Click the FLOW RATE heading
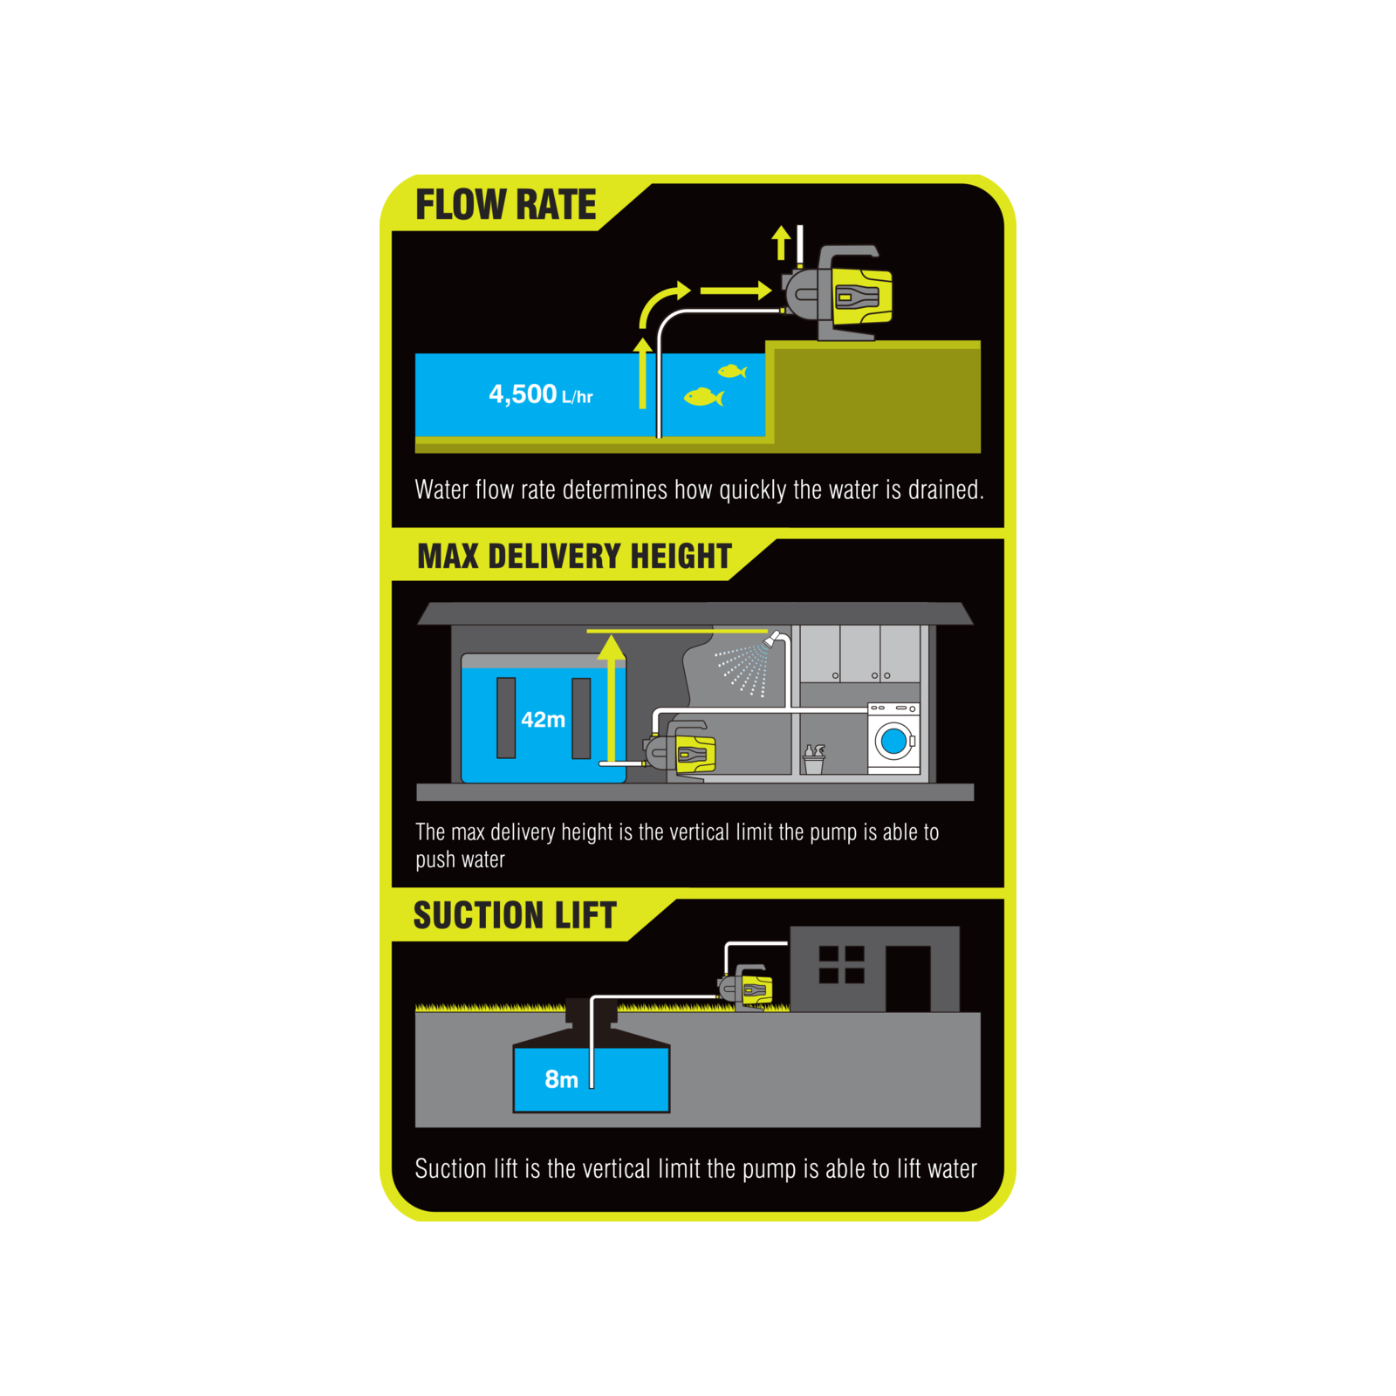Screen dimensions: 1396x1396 (x=505, y=205)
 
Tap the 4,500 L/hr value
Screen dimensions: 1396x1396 (x=540, y=394)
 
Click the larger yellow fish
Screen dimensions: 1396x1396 (x=703, y=397)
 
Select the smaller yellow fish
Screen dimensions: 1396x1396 (x=732, y=372)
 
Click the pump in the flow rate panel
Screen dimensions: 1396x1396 (x=838, y=293)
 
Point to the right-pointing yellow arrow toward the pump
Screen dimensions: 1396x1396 (x=736, y=290)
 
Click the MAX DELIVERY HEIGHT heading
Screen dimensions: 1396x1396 (x=574, y=556)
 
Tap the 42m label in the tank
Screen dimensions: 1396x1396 (x=543, y=720)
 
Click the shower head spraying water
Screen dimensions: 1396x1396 (x=771, y=640)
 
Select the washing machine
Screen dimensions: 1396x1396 (x=893, y=738)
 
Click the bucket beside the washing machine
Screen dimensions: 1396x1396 (x=813, y=760)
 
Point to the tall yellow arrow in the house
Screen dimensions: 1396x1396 (x=612, y=699)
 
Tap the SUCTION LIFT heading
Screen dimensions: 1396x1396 (x=515, y=915)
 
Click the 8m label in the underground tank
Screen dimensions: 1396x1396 (x=561, y=1080)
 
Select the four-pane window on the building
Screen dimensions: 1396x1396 (x=842, y=964)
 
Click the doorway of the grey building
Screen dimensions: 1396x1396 (x=907, y=978)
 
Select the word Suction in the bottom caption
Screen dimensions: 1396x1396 (x=451, y=1168)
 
